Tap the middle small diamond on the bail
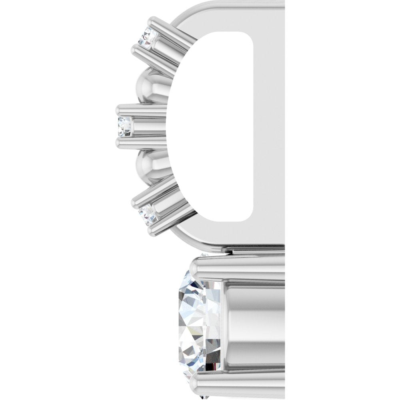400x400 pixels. point(124,126)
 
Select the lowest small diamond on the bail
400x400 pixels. point(148,214)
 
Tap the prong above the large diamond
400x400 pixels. point(240,269)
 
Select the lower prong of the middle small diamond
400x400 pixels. point(140,143)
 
